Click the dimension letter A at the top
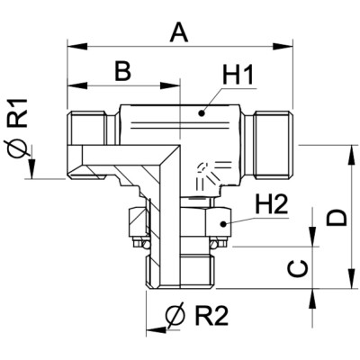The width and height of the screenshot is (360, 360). coord(180,33)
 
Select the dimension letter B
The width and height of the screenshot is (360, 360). coord(121,70)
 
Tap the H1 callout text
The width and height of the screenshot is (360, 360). coord(236,79)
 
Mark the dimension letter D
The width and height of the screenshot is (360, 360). coord(336,217)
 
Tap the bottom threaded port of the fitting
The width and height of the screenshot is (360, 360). coord(183,267)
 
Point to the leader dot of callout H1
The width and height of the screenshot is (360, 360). coord(201,115)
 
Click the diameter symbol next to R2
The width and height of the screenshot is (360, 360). coord(173,316)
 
